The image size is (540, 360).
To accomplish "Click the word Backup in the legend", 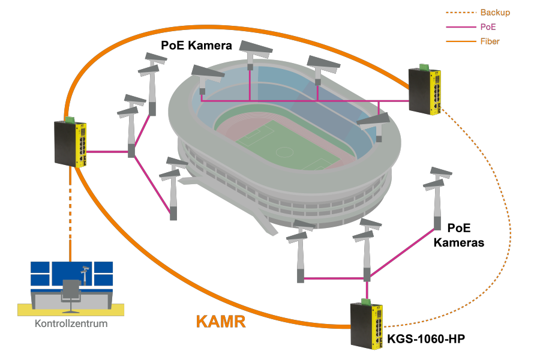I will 495,13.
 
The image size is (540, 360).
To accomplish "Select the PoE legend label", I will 488,27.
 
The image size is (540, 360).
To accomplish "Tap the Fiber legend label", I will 490,41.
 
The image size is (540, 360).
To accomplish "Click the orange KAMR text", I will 221,322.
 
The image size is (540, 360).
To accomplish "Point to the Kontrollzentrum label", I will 71,323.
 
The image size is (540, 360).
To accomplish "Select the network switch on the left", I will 70,143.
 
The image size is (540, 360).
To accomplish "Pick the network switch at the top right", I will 425,91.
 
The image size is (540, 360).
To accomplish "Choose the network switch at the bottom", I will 367,326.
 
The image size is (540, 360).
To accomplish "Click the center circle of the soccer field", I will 284,152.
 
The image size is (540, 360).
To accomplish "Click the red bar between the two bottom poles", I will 334,274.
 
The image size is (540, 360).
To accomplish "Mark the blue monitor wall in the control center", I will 72,274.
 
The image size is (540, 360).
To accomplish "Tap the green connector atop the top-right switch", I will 424,67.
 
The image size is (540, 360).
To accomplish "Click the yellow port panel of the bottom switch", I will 377,327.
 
